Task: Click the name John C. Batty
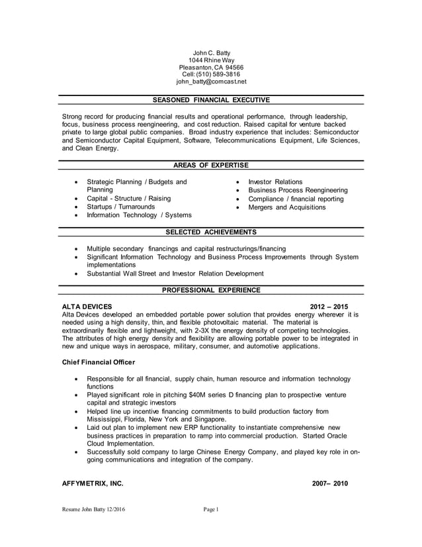point(211,52)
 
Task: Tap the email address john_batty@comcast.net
point(211,82)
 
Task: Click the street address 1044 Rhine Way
point(211,60)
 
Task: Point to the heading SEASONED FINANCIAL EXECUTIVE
point(211,100)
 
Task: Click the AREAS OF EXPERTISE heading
point(211,165)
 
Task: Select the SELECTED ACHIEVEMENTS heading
point(211,232)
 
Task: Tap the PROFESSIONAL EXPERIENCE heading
point(211,290)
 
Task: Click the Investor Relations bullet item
point(275,182)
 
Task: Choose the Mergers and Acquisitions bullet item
point(286,207)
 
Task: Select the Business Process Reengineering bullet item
point(298,190)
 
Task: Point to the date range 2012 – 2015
point(329,307)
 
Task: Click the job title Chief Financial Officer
point(98,362)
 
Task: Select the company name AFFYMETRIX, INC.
point(92,483)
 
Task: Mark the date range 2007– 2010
point(329,483)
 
